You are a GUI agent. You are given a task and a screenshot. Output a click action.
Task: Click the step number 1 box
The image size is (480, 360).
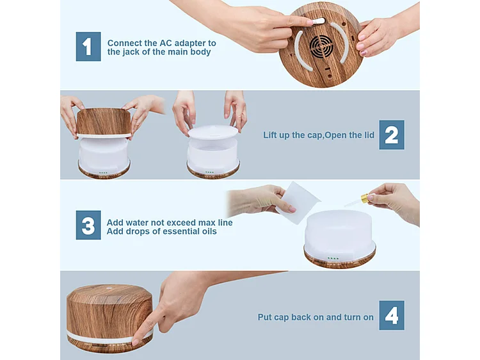(88, 46)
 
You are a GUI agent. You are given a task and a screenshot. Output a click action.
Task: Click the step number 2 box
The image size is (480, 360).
(391, 135)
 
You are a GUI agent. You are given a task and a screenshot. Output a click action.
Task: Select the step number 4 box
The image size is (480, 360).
(391, 316)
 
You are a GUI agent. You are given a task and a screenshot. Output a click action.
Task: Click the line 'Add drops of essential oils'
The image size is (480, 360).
(161, 231)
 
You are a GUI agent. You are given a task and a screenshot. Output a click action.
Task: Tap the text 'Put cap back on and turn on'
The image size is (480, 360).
(316, 316)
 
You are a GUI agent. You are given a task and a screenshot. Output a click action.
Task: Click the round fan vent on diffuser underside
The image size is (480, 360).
(322, 45)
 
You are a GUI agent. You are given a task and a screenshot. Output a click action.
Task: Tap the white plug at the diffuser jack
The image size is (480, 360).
(319, 21)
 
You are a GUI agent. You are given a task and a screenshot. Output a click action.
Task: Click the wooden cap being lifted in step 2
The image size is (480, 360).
(104, 121)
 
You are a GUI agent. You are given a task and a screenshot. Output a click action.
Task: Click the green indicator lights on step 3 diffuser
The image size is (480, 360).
(333, 259)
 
